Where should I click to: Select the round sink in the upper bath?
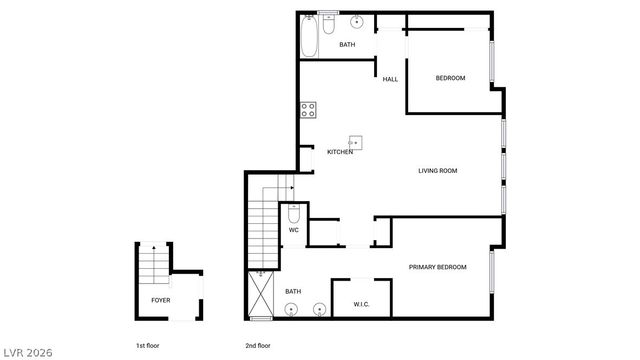[x=357, y=22]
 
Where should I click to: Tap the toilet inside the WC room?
[x=294, y=214]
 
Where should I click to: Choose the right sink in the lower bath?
[x=320, y=308]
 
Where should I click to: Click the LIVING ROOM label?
[x=437, y=171]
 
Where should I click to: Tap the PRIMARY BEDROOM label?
[x=437, y=267]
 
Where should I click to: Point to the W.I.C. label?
[x=362, y=304]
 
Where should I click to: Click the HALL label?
[x=390, y=80]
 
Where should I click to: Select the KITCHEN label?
[x=340, y=152]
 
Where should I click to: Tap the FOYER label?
[x=160, y=300]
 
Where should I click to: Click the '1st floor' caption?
[x=147, y=345]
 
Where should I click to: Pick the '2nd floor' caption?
[x=258, y=345]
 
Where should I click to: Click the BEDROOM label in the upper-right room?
[x=450, y=78]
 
